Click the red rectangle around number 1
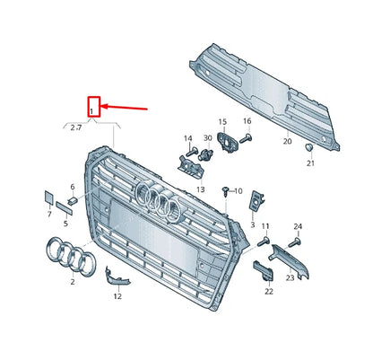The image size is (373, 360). pos(93,106)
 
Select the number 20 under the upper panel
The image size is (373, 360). pos(287,141)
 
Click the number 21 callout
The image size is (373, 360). pos(310,163)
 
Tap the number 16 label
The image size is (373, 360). pos(247,120)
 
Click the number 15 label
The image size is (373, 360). pos(221,120)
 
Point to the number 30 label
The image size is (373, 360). pos(207,137)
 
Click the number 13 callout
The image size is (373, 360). pos(201,189)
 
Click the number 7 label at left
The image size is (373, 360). pos(48,215)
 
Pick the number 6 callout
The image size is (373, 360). pos(73,187)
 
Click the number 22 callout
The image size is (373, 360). pos(267,291)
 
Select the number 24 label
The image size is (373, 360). pos(298,226)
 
